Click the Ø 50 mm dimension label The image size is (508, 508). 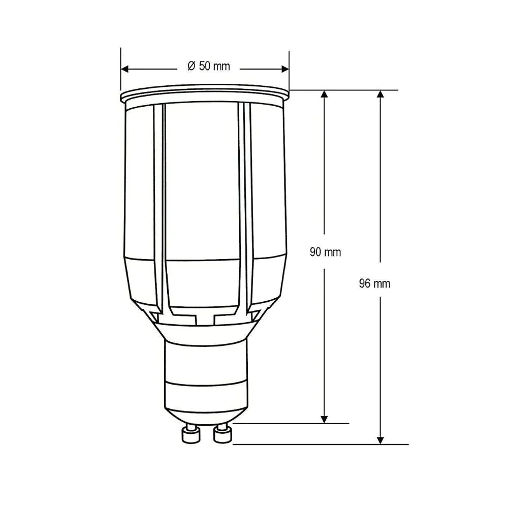tap(208, 66)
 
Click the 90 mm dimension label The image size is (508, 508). tap(326, 252)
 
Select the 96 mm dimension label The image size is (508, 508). tap(375, 284)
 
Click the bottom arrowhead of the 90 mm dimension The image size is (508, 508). tap(325, 418)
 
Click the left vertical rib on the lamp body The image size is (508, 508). tap(160, 203)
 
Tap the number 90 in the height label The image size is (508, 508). tap(315, 252)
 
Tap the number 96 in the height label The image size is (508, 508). tap(365, 284)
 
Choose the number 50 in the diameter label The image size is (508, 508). tap(205, 66)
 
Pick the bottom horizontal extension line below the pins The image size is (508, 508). tap(320, 444)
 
